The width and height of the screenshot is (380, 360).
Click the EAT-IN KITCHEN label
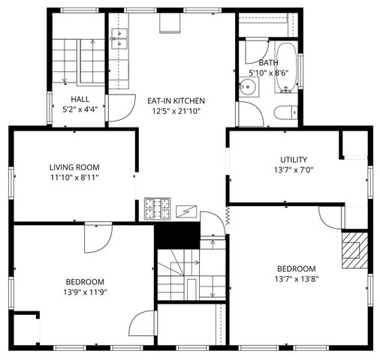175,100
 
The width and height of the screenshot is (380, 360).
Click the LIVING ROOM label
74,167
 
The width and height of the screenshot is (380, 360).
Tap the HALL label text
82,99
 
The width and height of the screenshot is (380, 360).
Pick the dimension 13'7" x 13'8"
296,279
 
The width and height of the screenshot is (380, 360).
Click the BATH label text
269,62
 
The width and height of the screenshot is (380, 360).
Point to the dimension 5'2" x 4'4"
82,109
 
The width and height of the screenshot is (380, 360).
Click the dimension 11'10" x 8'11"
74,178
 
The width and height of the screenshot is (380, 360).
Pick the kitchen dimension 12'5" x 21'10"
175,111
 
